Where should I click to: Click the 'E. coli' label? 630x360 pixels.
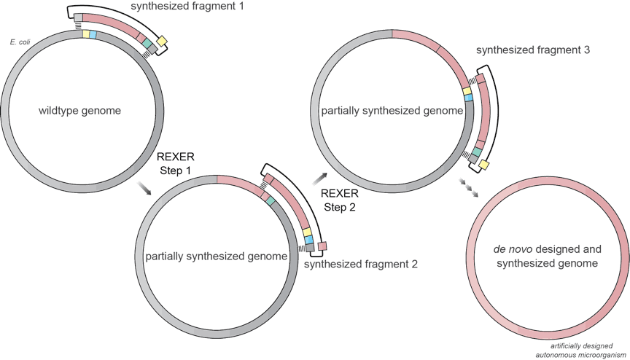click(19, 43)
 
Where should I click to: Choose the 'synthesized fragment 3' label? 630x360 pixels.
click(527, 51)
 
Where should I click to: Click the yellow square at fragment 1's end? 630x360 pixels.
click(161, 41)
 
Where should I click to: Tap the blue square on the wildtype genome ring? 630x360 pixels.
click(93, 35)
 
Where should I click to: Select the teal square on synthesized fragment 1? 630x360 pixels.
click(147, 44)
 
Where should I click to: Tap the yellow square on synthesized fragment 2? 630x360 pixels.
click(307, 231)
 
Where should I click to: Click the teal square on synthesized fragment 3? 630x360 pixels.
click(477, 152)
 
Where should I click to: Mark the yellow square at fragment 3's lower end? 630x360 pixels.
click(483, 165)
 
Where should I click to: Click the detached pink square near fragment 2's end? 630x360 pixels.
click(322, 246)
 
